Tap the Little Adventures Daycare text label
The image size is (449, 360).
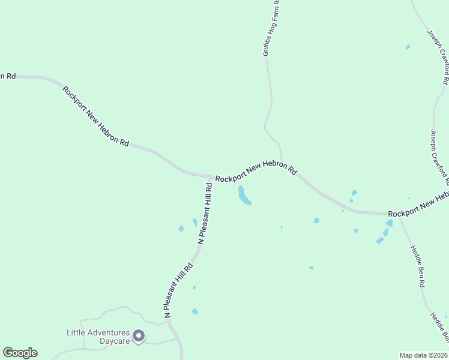[x=98, y=337]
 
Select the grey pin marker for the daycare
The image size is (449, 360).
[x=139, y=336]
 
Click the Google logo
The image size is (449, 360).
[x=20, y=353]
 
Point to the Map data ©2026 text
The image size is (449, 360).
[x=424, y=355]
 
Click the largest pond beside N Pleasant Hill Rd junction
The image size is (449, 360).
[x=244, y=195]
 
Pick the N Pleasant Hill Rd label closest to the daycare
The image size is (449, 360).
[x=178, y=290]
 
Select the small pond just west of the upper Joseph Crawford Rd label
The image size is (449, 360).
[x=408, y=47]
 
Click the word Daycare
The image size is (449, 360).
[x=115, y=341]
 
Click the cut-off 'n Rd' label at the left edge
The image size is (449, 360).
[x=7, y=76]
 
